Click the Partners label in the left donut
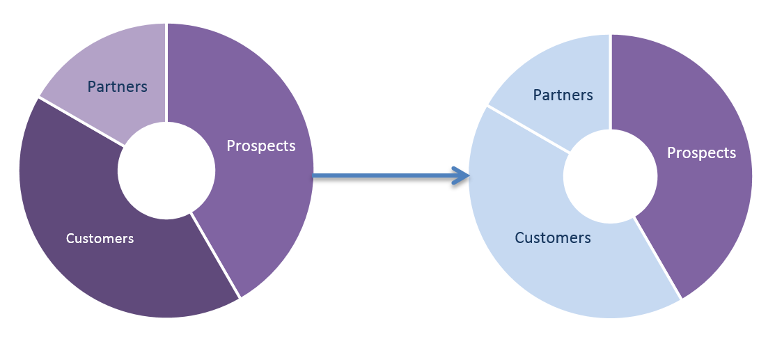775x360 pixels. (117, 86)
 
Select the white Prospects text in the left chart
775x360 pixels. (261, 146)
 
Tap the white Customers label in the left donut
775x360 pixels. (100, 238)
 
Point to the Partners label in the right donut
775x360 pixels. (563, 95)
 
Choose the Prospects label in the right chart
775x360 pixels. (701, 152)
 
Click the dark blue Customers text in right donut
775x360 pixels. (553, 237)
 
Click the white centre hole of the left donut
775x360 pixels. (166, 171)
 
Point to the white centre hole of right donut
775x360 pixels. (611, 176)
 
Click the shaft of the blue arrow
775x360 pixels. (383, 177)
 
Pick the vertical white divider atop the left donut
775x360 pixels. (166, 70)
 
